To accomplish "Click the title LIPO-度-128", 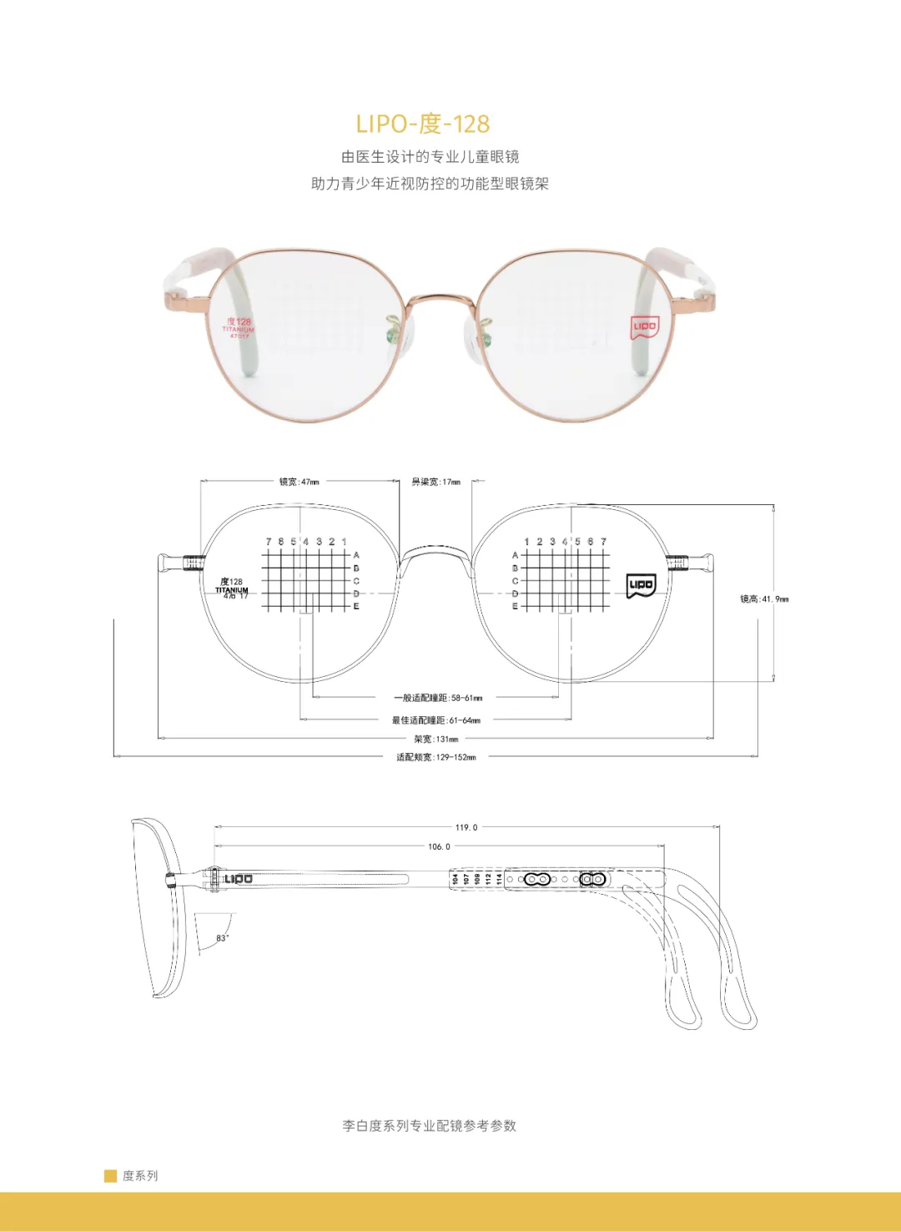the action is pos(422,124).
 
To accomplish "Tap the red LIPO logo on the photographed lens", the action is pos(644,326).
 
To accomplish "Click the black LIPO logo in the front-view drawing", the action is pos(641,585).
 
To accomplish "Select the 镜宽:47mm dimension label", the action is pos(299,482).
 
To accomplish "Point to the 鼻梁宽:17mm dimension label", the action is pos(435,482).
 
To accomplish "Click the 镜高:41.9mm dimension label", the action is pos(763,599).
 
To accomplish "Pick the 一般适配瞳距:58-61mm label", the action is pos(438,698).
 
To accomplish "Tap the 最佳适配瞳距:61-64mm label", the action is pos(436,720).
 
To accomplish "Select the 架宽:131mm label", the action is pos(436,739).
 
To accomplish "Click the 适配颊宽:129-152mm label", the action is pos(436,757).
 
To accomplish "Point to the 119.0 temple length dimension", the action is pos(466,827).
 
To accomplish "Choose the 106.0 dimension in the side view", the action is pos(439,846).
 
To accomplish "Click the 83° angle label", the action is pos(222,938).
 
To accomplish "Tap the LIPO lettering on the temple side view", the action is pos(238,879).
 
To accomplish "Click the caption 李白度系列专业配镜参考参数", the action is pos(429,1126).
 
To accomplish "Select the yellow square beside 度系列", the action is pos(110,1176).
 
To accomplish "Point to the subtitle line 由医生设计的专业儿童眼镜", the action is pos(430,157).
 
